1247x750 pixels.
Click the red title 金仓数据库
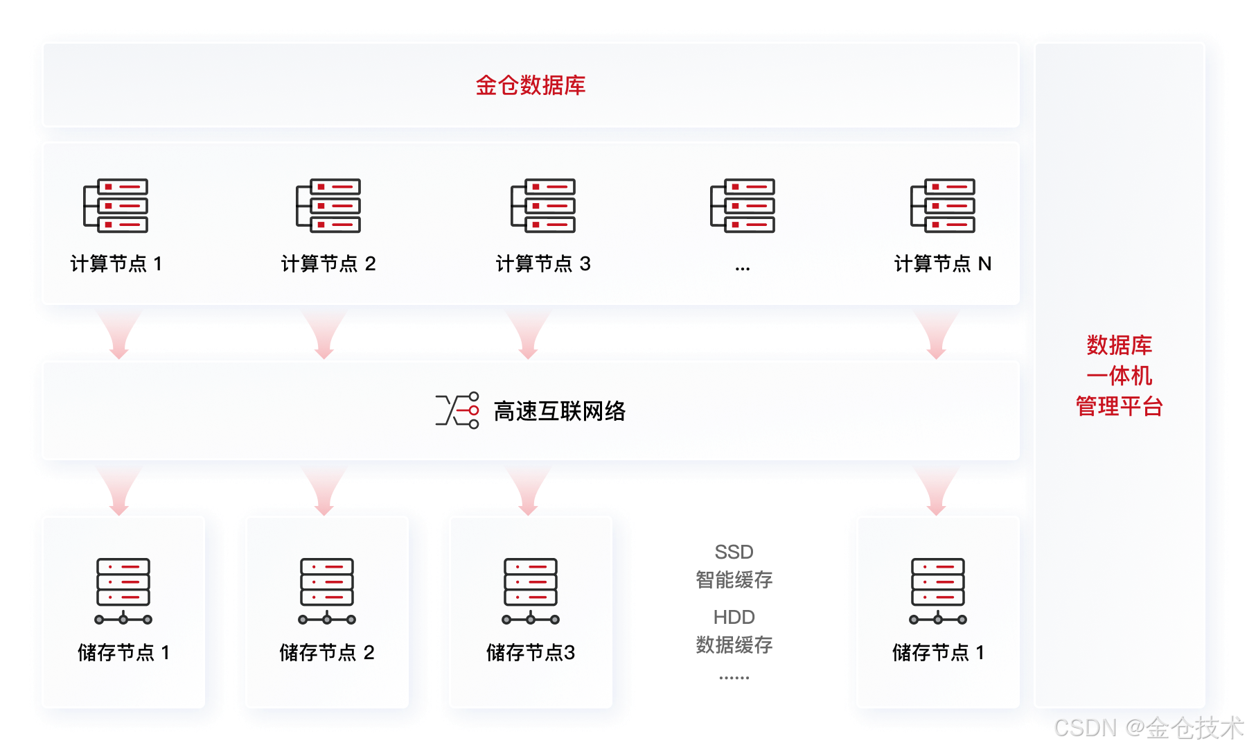click(x=530, y=85)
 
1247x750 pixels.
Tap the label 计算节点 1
click(x=116, y=263)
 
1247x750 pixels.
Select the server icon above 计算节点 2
click(x=328, y=206)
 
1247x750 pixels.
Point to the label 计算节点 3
click(x=543, y=263)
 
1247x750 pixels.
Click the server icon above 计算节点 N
click(x=942, y=206)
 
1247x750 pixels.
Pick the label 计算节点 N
click(x=942, y=263)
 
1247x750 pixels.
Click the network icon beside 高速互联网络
click(x=457, y=410)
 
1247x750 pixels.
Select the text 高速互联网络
click(x=560, y=411)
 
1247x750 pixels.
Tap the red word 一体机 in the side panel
click(x=1119, y=376)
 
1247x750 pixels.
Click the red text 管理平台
click(x=1119, y=406)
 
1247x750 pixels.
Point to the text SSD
click(x=734, y=552)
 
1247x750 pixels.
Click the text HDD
click(x=734, y=617)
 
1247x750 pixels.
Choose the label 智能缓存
click(x=734, y=579)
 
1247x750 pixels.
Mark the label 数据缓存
click(x=734, y=645)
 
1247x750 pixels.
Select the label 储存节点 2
click(x=327, y=652)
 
